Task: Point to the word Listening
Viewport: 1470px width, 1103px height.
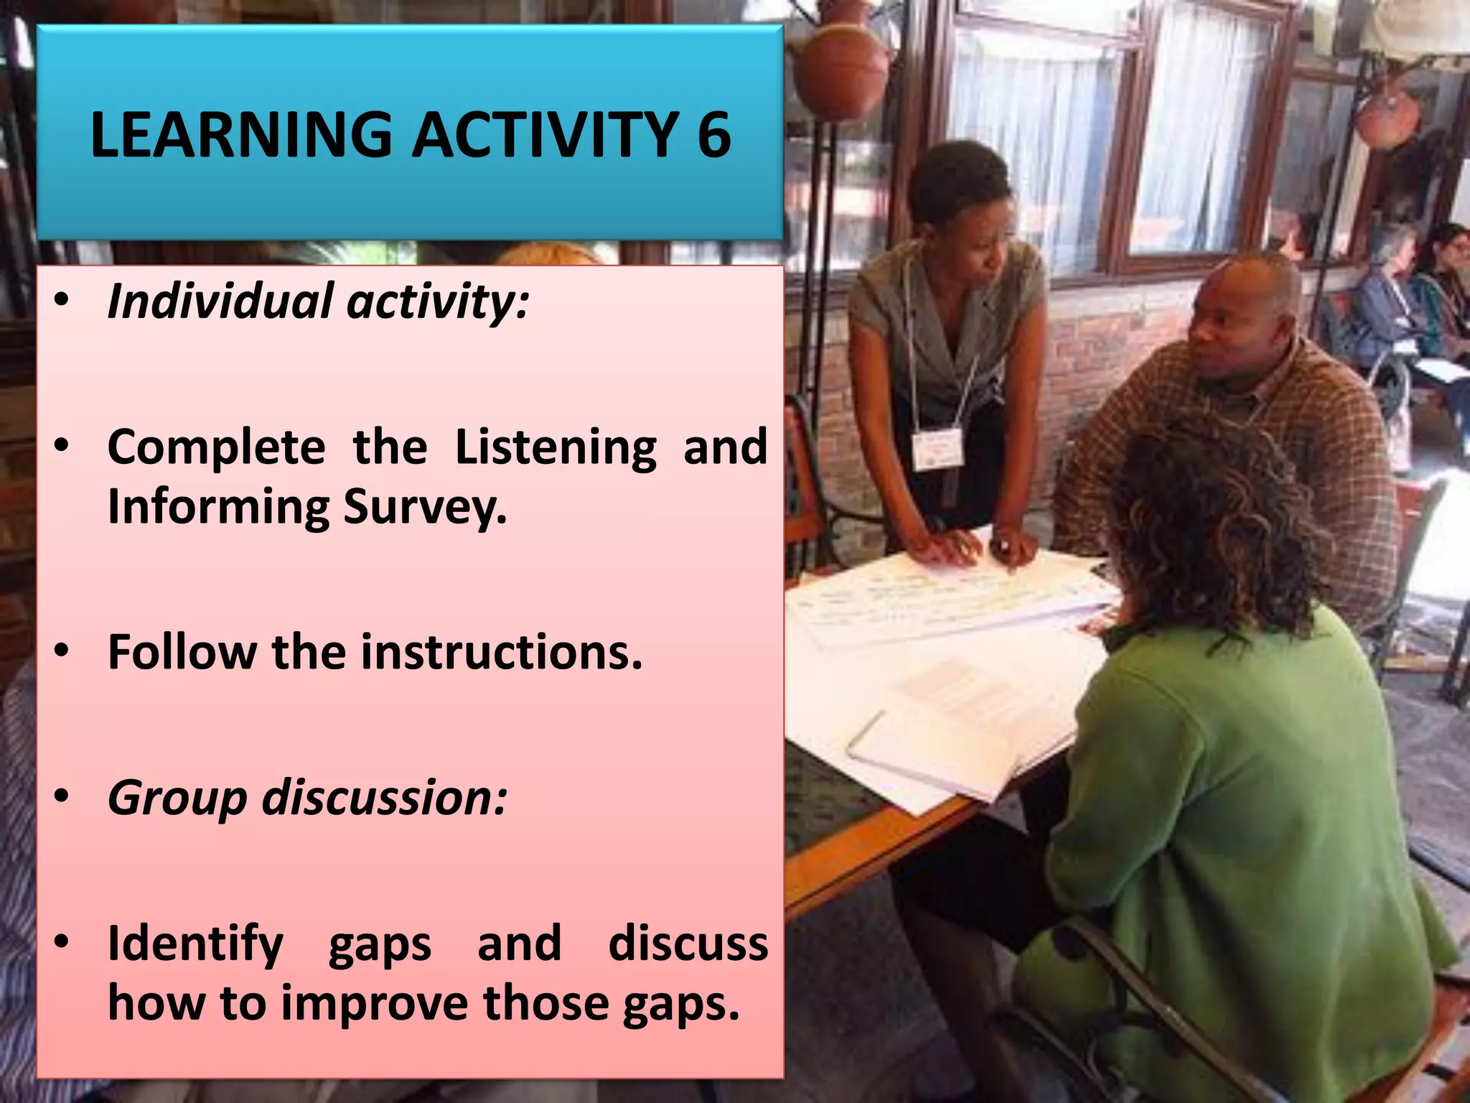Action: (556, 447)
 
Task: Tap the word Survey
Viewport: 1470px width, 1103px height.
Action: (425, 507)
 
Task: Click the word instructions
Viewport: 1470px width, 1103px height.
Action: (500, 652)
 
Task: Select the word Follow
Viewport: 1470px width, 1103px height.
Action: (182, 652)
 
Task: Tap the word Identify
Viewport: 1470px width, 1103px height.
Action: (195, 944)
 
